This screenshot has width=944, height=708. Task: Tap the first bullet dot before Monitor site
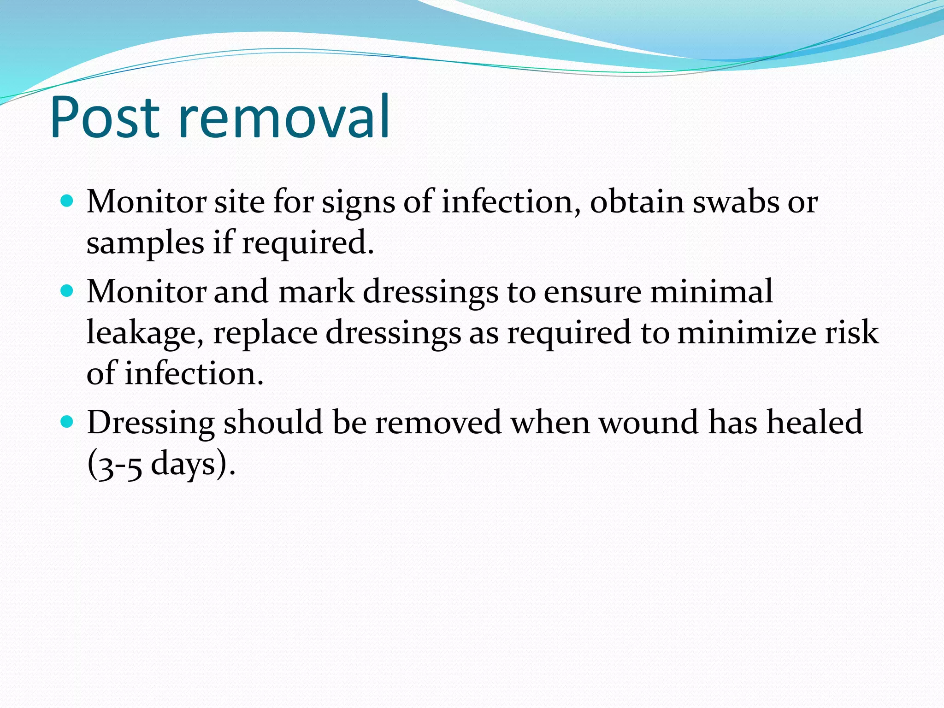(x=67, y=201)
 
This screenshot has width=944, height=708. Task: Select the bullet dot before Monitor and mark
(x=67, y=291)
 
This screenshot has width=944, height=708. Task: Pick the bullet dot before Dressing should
(x=67, y=421)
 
